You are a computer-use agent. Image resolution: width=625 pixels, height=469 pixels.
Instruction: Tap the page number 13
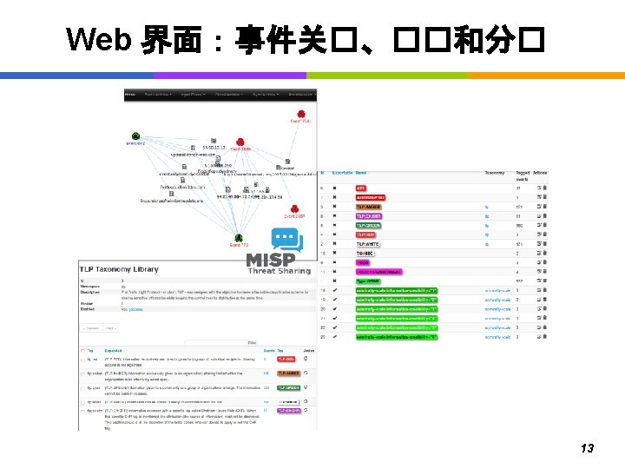pyautogui.click(x=587, y=448)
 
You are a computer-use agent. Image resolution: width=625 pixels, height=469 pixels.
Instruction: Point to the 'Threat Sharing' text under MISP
pyautogui.click(x=277, y=270)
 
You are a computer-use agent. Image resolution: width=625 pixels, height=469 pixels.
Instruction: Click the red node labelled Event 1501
pyautogui.click(x=300, y=115)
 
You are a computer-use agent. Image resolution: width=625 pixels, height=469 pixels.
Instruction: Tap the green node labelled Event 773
pyautogui.click(x=239, y=237)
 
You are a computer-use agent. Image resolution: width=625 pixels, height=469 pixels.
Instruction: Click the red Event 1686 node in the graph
pyautogui.click(x=240, y=142)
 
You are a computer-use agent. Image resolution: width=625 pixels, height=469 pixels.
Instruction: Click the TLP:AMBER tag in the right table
pyautogui.click(x=368, y=207)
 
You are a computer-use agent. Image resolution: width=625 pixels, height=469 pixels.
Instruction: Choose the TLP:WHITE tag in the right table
pyautogui.click(x=368, y=244)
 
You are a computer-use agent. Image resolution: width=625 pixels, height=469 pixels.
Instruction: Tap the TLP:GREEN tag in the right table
pyautogui.click(x=368, y=225)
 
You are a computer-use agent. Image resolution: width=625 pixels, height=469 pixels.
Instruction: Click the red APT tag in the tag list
pyautogui.click(x=362, y=188)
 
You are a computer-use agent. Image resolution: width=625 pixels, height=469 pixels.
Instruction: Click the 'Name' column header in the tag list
pyautogui.click(x=361, y=173)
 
